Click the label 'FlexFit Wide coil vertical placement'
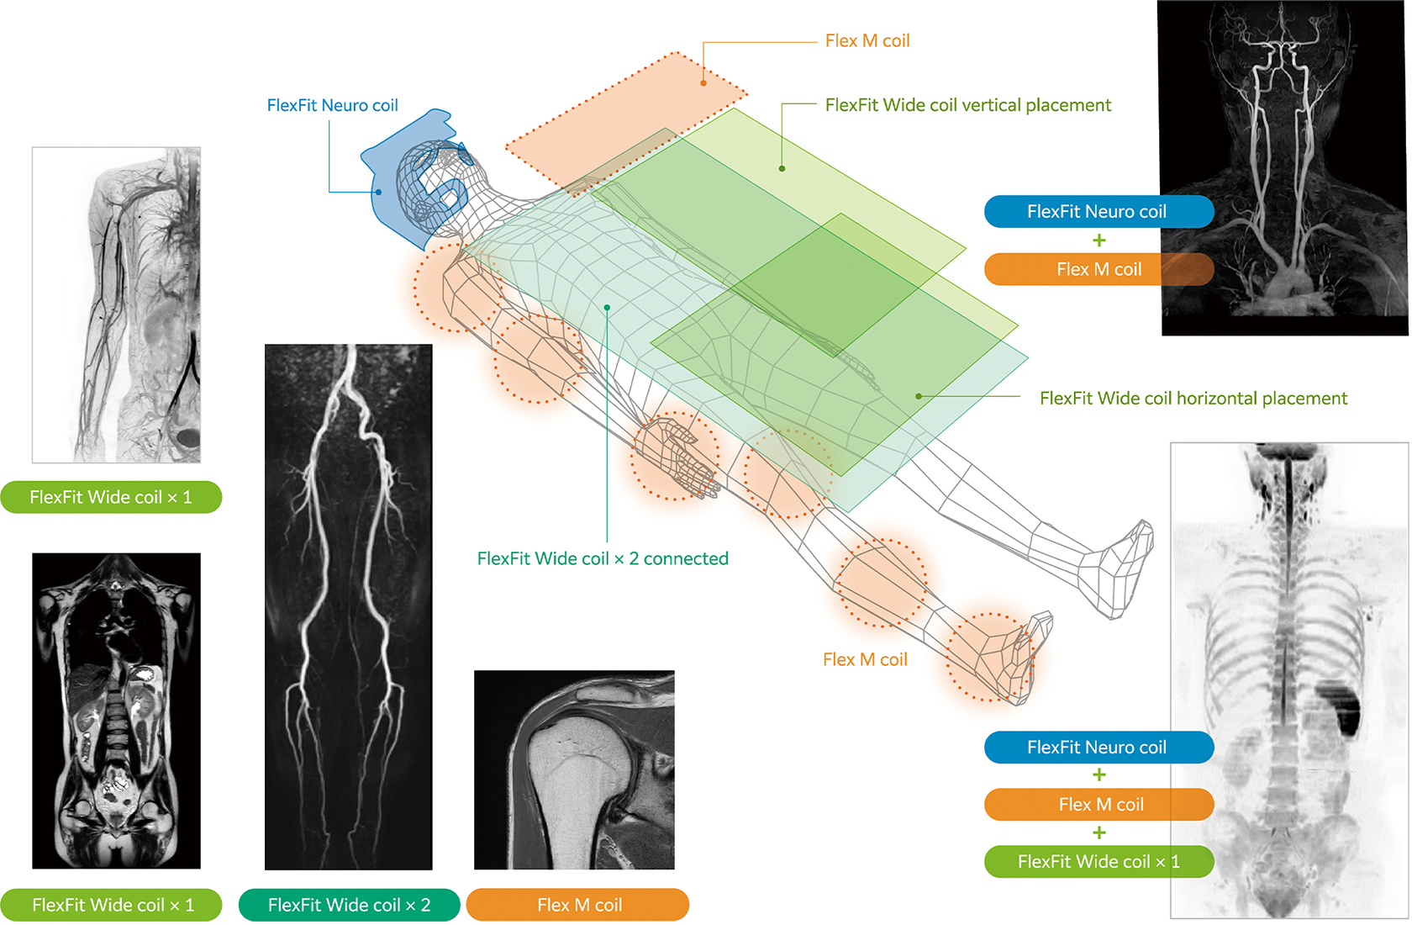point(967,105)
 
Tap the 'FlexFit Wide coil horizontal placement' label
point(1193,399)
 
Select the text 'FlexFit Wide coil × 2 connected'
point(603,558)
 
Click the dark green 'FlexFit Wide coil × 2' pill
point(349,905)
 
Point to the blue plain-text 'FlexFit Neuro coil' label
point(332,105)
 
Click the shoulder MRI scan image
point(574,769)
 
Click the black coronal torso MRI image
point(116,711)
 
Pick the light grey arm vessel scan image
point(116,304)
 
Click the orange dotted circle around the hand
point(675,456)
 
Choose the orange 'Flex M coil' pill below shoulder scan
point(578,905)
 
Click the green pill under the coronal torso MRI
point(112,905)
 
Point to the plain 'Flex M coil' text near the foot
point(865,660)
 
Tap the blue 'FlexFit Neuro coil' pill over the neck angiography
point(1098,212)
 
